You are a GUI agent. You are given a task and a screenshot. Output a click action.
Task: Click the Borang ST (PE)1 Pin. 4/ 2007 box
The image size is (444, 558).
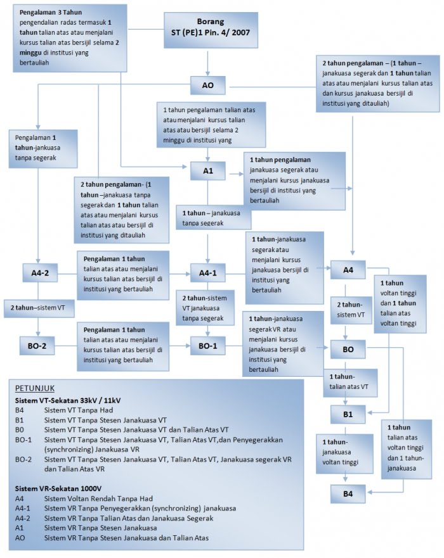[211, 30]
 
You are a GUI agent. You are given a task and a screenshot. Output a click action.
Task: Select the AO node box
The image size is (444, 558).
[208, 85]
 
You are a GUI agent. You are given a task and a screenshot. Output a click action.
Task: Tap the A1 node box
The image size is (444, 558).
[208, 171]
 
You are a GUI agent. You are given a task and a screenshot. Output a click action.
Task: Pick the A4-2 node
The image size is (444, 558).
[40, 273]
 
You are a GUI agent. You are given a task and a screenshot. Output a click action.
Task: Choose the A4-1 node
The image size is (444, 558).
[208, 273]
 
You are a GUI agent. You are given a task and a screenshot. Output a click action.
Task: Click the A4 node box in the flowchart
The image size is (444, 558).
[348, 270]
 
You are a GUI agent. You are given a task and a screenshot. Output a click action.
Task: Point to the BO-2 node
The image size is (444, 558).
[37, 346]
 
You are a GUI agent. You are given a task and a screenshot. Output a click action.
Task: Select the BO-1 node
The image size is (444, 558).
[208, 346]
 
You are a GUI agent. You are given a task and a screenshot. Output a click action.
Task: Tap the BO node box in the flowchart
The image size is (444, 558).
[348, 349]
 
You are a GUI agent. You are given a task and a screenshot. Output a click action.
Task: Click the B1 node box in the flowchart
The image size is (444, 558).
[348, 414]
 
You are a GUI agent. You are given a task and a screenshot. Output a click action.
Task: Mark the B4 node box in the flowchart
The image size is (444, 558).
[348, 493]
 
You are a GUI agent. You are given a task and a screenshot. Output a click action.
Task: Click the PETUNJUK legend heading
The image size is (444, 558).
[35, 388]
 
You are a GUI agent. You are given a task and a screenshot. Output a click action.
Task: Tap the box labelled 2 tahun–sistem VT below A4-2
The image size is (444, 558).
[39, 308]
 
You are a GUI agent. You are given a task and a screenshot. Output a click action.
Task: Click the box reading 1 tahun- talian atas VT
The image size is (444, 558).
[350, 383]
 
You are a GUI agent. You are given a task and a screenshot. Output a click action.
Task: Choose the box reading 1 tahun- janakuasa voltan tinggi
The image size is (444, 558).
[344, 453]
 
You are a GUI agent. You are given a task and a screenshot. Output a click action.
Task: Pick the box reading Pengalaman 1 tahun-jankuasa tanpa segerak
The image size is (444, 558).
[43, 149]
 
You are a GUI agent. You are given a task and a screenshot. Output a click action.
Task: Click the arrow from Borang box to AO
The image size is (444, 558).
[208, 62]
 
